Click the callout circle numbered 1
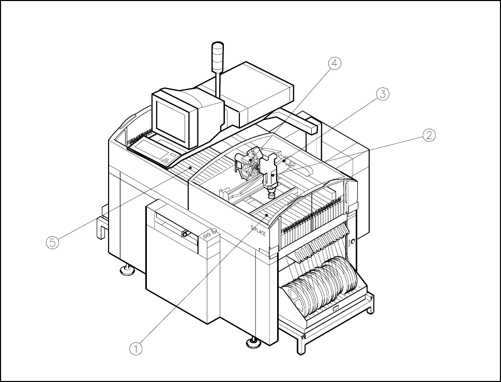click(135, 349)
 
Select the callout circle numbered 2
click(429, 135)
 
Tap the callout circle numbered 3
click(382, 94)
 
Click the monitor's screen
click(174, 117)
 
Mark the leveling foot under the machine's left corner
click(126, 270)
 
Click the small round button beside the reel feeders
click(353, 241)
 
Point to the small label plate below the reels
click(336, 310)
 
